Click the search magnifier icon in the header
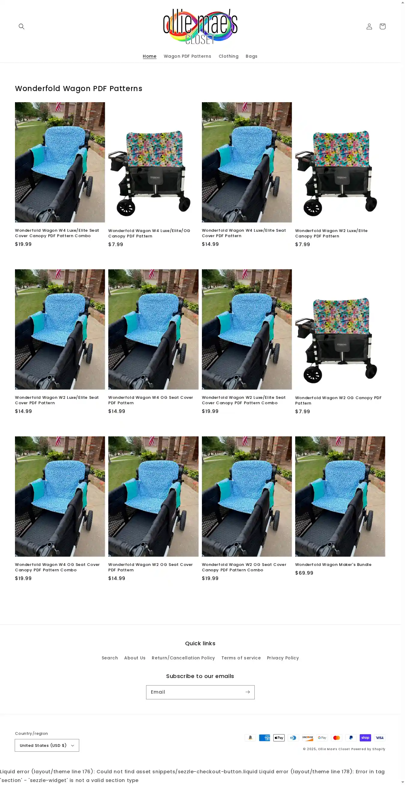coord(21,26)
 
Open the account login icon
coord(369,26)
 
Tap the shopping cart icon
coord(382,26)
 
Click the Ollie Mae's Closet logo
coord(200,26)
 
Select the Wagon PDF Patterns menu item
coord(187,57)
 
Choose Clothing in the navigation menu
coord(229,57)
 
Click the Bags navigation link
coord(252,57)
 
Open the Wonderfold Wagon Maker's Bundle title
coord(333,565)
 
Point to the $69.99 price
coord(304,573)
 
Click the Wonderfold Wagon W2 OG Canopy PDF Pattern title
coord(338,400)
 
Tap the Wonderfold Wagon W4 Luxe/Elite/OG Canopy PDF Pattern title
coord(149,234)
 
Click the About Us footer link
coord(135,658)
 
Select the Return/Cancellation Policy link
coord(183,658)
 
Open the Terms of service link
coord(241,658)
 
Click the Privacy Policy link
coord(283,658)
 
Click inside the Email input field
coord(195,692)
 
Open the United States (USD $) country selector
coord(47,745)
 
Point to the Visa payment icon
coord(379,738)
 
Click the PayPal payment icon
coord(351,738)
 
